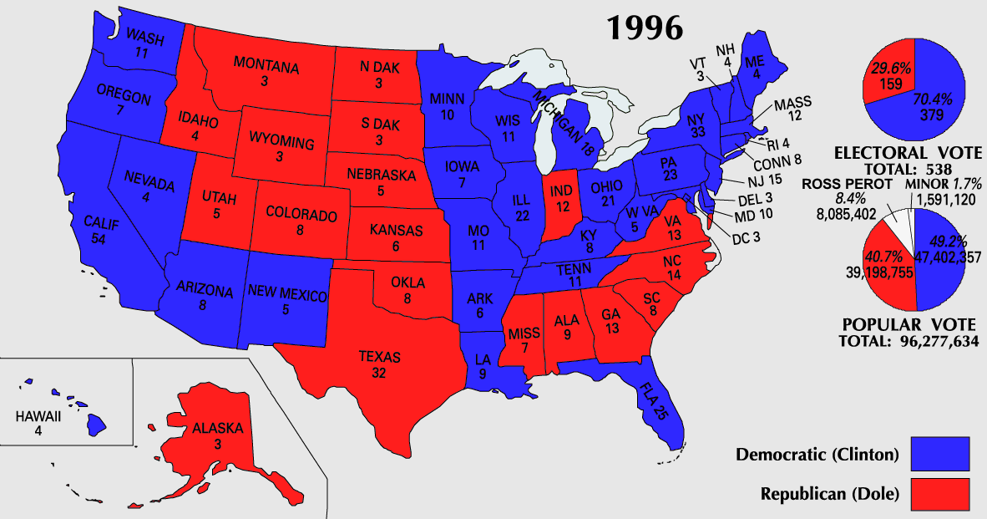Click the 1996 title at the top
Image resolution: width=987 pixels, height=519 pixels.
(x=644, y=28)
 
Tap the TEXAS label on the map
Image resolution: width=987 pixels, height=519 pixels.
(x=380, y=357)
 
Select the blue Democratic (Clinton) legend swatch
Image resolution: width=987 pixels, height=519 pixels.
(x=940, y=455)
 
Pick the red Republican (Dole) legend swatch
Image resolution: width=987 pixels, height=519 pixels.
(x=940, y=493)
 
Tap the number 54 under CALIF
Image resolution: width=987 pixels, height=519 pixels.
(x=99, y=239)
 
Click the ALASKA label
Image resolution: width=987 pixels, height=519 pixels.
(x=217, y=429)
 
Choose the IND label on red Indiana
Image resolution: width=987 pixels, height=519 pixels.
(x=560, y=191)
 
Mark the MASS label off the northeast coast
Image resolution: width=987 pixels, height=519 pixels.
(x=792, y=104)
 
